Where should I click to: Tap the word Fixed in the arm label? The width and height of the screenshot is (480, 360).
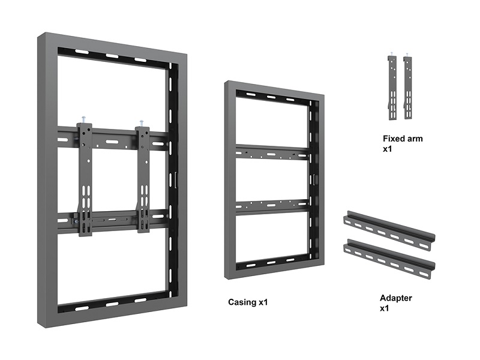[394, 139]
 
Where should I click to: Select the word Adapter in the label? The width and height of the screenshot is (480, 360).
[396, 298]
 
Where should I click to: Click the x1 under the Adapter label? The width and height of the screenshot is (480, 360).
[384, 308]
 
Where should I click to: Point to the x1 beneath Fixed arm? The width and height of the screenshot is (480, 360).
[387, 149]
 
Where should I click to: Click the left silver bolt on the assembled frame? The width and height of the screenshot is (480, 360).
[83, 119]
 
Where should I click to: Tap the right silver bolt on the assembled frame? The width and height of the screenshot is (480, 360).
[142, 124]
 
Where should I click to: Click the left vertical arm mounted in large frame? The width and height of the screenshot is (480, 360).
[85, 179]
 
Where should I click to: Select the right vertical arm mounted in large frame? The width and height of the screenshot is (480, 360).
[143, 179]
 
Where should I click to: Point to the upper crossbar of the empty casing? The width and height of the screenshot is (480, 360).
[272, 152]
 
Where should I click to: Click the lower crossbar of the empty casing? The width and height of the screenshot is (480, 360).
[272, 206]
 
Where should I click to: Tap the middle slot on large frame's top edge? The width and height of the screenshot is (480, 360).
[112, 56]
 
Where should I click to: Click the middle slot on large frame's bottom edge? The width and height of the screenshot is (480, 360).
[112, 304]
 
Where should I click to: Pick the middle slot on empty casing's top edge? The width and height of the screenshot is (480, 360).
[271, 97]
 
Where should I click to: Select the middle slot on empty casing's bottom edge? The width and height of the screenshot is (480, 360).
[271, 263]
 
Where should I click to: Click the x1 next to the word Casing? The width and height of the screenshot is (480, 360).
[263, 302]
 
